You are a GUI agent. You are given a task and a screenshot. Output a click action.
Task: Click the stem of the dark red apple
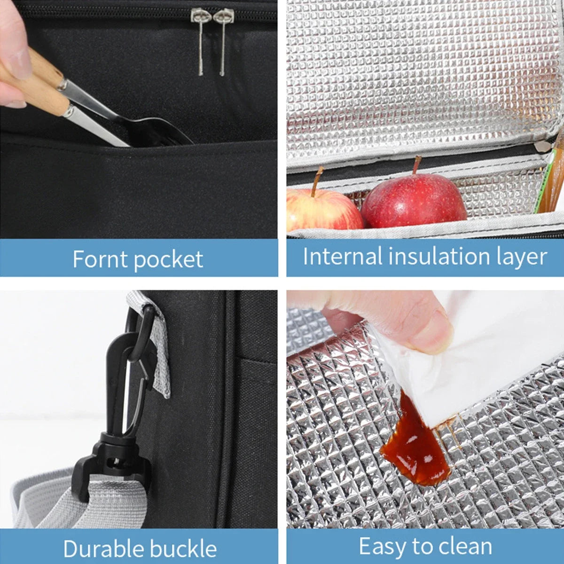click(x=416, y=165)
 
